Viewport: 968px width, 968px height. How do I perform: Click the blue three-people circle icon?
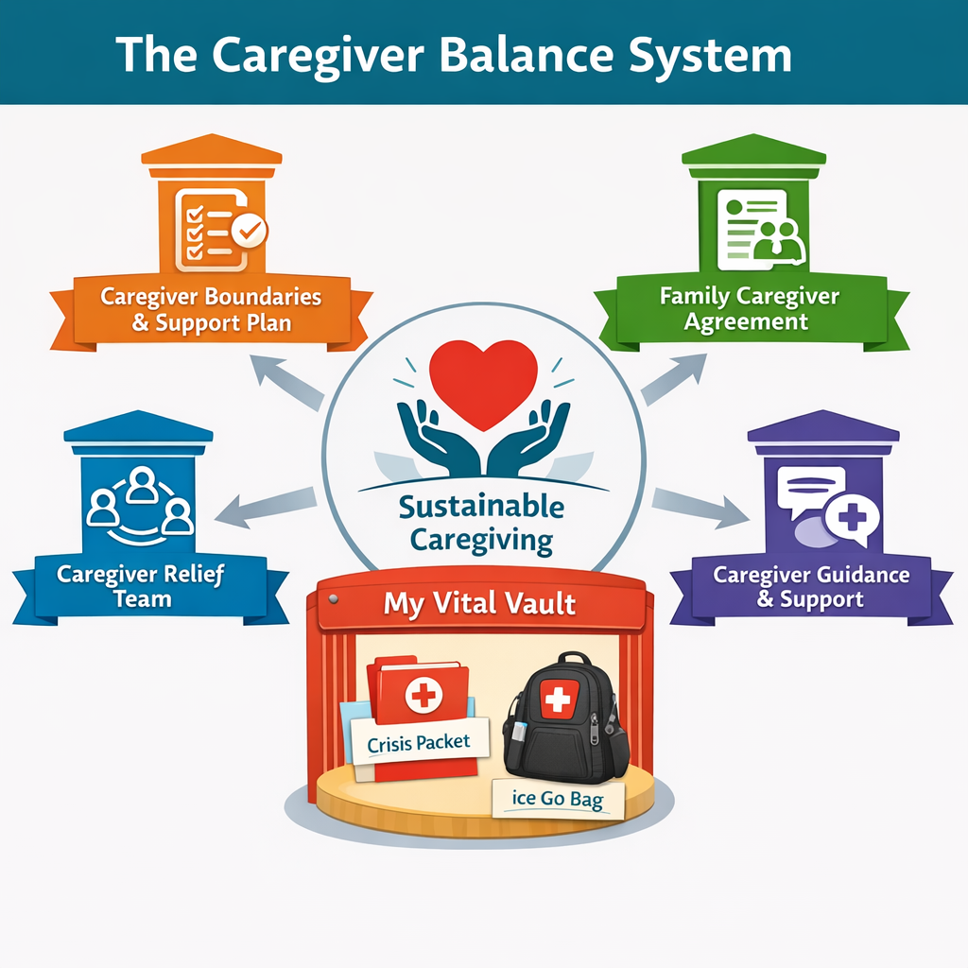[x=140, y=504]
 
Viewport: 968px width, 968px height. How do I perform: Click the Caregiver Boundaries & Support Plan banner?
[x=212, y=309]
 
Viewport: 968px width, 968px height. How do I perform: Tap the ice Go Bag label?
[x=556, y=799]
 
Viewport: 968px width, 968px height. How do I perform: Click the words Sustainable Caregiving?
[x=481, y=523]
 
